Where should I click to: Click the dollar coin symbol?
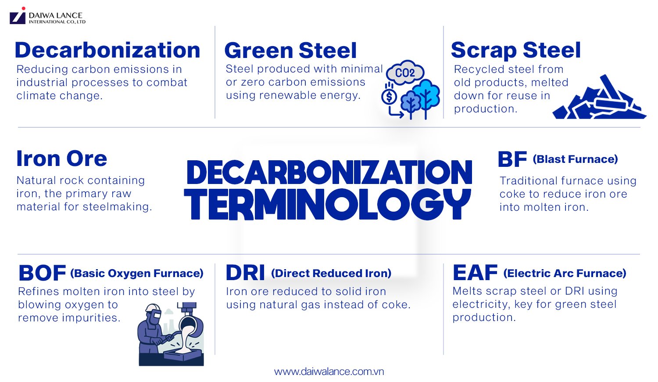(389, 96)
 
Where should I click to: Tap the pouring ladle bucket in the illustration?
(190, 327)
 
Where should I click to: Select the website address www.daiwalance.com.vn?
(329, 371)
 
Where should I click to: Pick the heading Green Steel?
(290, 50)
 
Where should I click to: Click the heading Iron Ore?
(61, 159)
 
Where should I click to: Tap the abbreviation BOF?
(42, 273)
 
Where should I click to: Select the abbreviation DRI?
(245, 273)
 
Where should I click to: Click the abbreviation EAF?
(475, 273)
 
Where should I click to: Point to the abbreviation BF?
(512, 159)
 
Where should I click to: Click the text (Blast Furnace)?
(575, 159)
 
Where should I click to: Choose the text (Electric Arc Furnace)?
(565, 273)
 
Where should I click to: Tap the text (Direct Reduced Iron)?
(331, 273)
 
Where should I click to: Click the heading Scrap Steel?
(516, 50)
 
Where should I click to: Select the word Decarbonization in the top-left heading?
(107, 50)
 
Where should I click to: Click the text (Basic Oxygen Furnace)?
(137, 273)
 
